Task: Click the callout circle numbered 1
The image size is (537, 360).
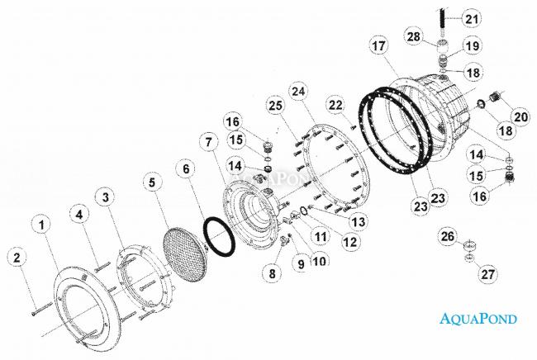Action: (42, 225)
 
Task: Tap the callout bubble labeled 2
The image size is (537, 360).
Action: (17, 258)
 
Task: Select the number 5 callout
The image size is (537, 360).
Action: (152, 182)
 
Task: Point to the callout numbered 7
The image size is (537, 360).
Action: (209, 142)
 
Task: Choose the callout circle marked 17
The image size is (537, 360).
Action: (379, 46)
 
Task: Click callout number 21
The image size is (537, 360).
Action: (471, 18)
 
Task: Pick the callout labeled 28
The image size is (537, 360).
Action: (414, 36)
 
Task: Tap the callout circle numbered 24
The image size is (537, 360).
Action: (298, 92)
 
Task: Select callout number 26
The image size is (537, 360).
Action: (448, 236)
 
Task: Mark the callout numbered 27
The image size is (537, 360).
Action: (487, 274)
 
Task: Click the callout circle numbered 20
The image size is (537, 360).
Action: (520, 116)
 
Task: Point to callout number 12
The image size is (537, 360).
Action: (350, 242)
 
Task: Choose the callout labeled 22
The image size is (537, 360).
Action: (335, 105)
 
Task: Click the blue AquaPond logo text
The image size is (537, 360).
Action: (478, 318)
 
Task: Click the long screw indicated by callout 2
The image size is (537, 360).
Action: (42, 308)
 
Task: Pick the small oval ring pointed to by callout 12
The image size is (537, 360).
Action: (304, 211)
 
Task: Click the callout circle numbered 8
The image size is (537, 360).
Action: (273, 273)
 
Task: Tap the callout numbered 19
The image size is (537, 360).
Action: (473, 45)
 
